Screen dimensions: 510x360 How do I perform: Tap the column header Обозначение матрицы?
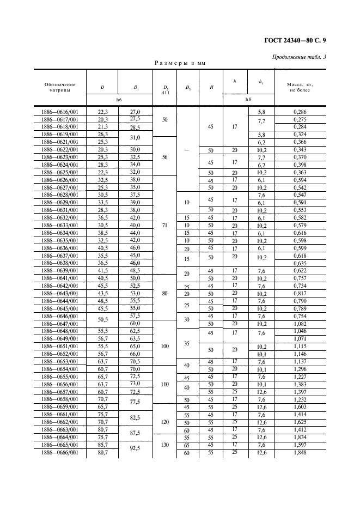pos(60,87)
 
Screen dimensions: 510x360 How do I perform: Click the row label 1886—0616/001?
pos(60,112)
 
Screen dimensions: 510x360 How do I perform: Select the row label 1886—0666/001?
pos(60,452)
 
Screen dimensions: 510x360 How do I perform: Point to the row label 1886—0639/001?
pos(60,270)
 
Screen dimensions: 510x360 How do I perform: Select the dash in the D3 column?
pos(187,149)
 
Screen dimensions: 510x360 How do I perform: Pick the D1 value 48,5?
pos(133,270)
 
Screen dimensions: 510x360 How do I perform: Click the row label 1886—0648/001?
pos(60,331)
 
